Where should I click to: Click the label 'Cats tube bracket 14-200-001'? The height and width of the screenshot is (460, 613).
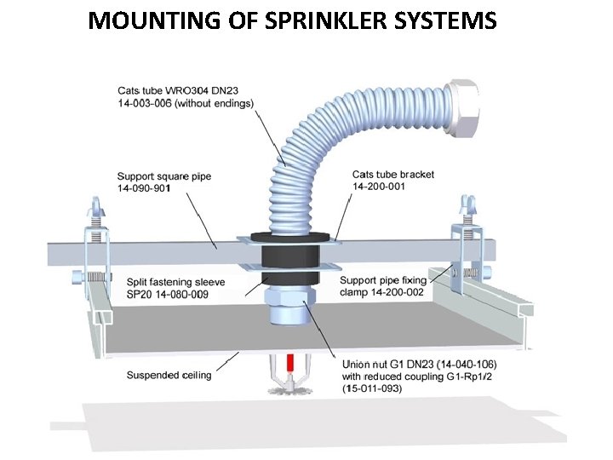(392, 180)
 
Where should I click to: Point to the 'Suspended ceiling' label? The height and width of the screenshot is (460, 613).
(169, 375)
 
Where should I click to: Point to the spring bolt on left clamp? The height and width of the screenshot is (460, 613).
(87, 278)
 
